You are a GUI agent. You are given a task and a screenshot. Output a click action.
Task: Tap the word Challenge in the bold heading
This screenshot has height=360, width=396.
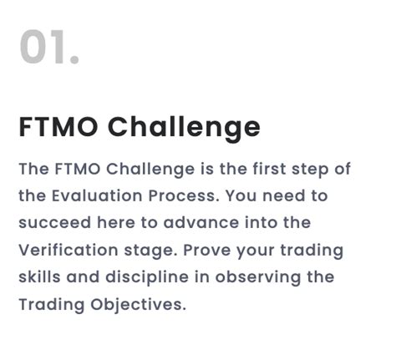[185, 128]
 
